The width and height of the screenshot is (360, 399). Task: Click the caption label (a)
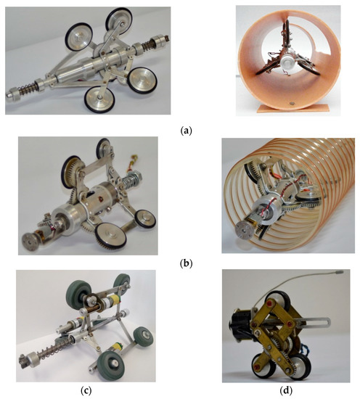186,131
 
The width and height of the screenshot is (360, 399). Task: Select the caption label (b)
186,263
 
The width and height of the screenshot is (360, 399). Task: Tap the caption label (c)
86,390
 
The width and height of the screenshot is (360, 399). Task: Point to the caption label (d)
286,390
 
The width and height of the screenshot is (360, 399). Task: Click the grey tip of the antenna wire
340,272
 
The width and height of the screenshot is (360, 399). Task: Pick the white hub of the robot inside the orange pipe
289,62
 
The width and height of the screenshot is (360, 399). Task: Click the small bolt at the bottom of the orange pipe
291,104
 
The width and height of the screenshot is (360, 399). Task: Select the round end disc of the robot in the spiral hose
244,230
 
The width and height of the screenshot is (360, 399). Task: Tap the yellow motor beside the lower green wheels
115,347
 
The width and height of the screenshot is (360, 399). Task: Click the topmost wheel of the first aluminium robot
118,20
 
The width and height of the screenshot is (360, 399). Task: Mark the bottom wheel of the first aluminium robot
100,100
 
